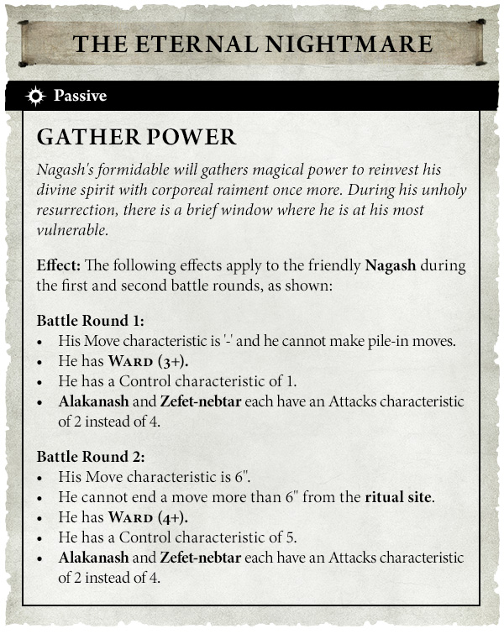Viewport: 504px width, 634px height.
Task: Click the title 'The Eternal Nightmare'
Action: pos(252,44)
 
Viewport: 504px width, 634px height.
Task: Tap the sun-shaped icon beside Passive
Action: pos(35,96)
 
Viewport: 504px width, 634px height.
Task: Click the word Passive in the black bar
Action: pos(81,96)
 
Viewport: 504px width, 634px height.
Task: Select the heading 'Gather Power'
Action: pos(137,138)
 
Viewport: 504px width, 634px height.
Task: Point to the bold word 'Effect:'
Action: pos(58,266)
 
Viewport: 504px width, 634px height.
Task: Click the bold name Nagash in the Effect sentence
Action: pos(391,266)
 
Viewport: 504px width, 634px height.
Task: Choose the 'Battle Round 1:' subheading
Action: pos(91,321)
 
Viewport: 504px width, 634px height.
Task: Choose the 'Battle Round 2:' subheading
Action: pos(91,458)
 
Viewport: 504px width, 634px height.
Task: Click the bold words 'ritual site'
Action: pos(398,497)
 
